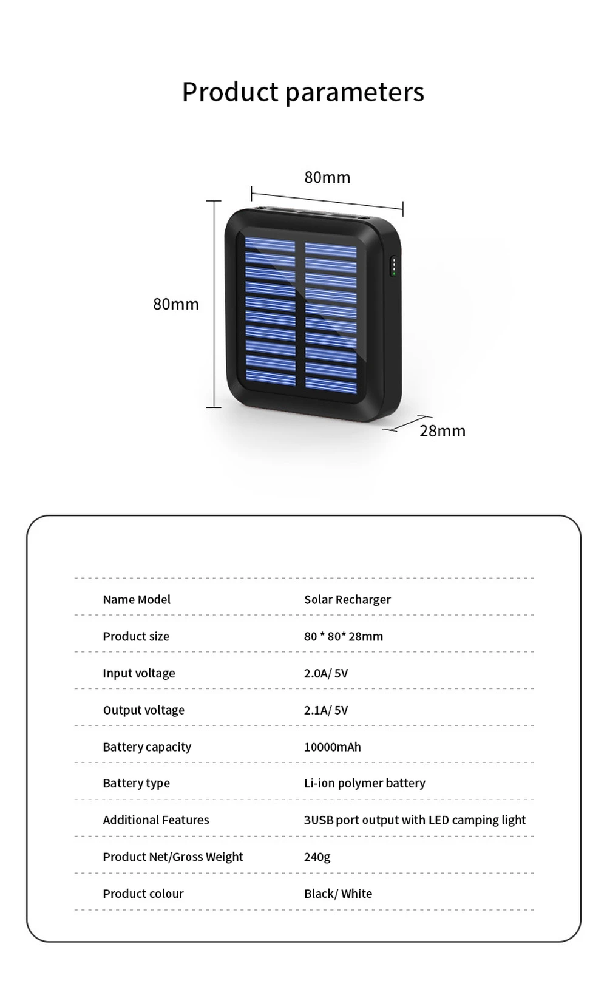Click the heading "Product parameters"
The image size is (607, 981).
coord(303,92)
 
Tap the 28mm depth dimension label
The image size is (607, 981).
coord(443,431)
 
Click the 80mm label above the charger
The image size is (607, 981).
coord(327,177)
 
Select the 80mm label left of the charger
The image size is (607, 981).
coord(175,304)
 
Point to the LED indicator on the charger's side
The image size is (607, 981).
coord(394,266)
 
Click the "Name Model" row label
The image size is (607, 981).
coord(137,600)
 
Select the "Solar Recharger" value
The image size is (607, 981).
coord(347,600)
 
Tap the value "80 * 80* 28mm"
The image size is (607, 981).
coord(344,636)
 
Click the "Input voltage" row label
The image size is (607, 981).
coord(139,673)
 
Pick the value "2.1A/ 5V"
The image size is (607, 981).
coord(326,710)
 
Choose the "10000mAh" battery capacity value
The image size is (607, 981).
coord(333,747)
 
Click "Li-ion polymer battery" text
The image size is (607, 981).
coord(365,783)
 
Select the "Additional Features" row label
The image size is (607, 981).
coord(156,820)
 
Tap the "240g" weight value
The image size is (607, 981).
coord(317,857)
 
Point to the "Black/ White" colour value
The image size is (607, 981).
coord(338,894)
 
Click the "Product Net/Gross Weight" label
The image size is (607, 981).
coord(172,857)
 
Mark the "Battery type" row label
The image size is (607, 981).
coord(136,783)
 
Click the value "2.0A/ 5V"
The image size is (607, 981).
coord(326,673)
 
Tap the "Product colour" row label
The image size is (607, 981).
coord(143,894)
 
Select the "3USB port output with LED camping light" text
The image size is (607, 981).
coord(415,820)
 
